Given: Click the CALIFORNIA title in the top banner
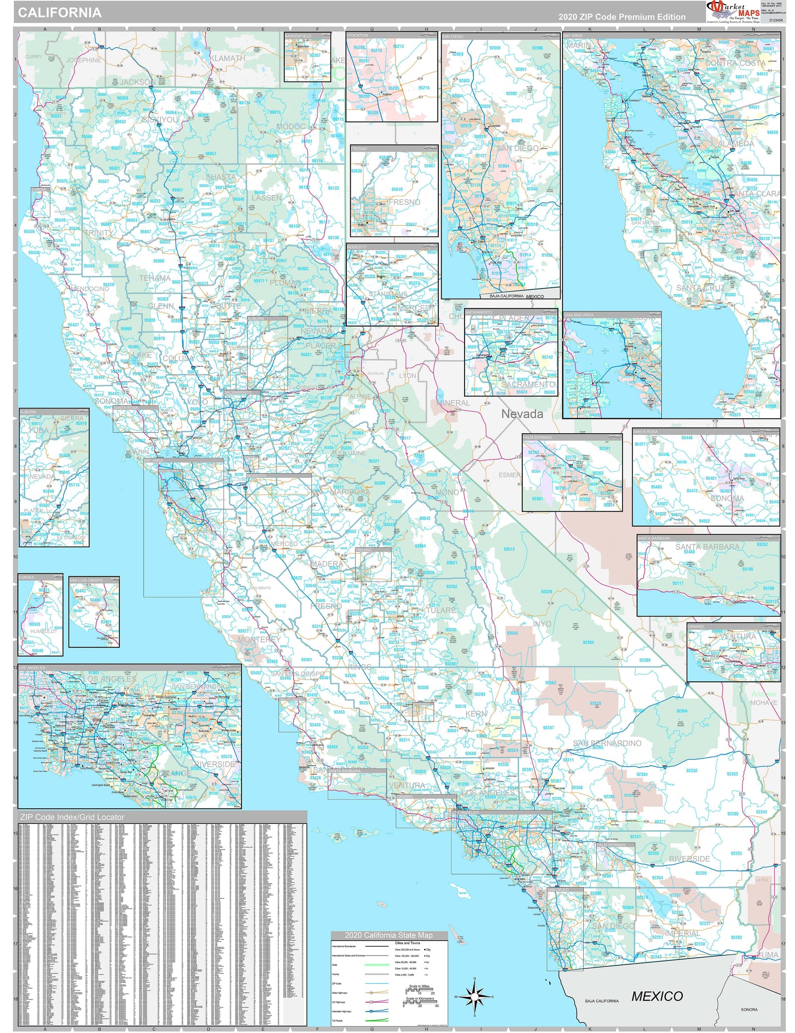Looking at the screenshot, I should click(60, 13).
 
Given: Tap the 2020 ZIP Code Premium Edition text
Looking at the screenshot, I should click(622, 17).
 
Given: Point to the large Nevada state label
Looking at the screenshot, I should click(522, 414).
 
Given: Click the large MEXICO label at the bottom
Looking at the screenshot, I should click(657, 996).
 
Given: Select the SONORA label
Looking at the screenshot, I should click(749, 1009).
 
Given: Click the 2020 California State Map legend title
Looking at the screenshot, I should click(389, 935).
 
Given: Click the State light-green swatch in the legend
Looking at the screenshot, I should click(377, 964).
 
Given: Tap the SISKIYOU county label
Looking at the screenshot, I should click(160, 120).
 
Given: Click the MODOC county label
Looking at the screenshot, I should click(290, 127).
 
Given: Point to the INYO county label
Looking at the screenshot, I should click(542, 624).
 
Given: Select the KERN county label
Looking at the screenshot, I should click(476, 714).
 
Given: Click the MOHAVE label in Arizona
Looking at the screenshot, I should click(764, 703).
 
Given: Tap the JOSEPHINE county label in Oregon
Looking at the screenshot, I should click(83, 60).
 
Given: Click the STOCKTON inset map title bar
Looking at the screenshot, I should click(391, 35).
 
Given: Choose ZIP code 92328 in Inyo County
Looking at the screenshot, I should click(547, 592).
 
